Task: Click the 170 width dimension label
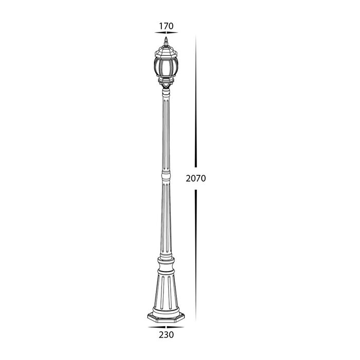pos(166,26)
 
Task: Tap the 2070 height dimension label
pos(196,178)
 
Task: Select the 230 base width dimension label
pos(166,335)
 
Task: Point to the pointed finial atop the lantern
pos(166,41)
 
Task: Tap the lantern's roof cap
pos(166,51)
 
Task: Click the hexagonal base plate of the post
pos(166,317)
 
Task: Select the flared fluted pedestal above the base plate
pos(166,292)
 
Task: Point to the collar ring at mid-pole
pos(166,176)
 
